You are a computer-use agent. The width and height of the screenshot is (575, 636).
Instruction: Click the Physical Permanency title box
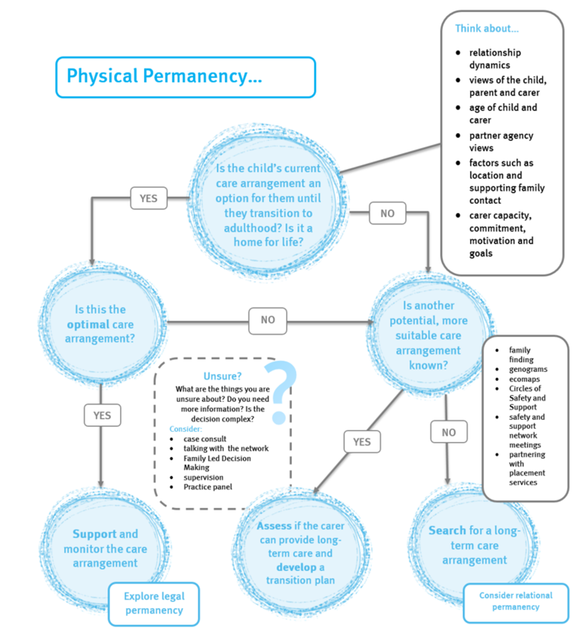click(185, 77)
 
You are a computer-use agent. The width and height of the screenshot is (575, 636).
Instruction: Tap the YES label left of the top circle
click(148, 198)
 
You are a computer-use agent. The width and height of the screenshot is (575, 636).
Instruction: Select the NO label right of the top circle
click(387, 213)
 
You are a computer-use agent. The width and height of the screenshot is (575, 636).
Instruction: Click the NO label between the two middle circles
click(268, 320)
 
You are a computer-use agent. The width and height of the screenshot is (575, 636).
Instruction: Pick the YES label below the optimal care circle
click(102, 415)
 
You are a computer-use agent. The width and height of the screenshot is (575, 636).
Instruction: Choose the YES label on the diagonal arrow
click(362, 442)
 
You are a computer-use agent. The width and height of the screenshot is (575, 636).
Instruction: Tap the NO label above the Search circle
click(448, 433)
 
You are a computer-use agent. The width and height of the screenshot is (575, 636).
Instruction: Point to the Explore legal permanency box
click(154, 603)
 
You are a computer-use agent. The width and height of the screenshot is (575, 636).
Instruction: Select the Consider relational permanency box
click(516, 601)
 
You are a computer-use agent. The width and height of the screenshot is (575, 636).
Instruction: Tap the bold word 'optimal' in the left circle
click(88, 324)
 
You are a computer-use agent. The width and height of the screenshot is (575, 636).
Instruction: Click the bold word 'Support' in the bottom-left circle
click(94, 534)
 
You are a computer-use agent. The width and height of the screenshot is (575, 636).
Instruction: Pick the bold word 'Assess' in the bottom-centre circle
click(274, 526)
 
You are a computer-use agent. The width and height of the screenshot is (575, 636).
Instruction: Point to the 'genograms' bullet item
click(528, 369)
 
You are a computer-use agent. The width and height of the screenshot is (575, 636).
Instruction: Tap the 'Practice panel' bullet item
click(208, 486)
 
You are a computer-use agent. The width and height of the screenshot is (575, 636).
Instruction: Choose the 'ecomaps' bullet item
click(525, 378)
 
